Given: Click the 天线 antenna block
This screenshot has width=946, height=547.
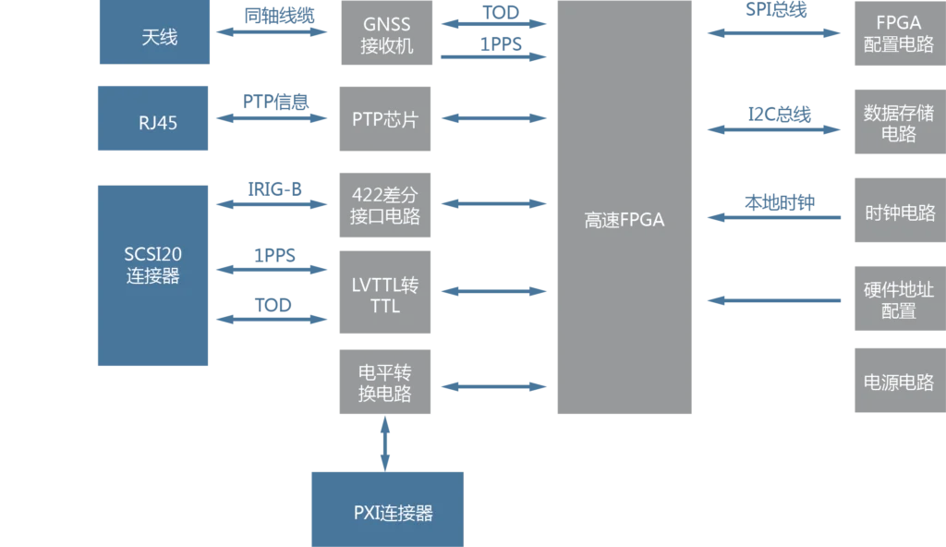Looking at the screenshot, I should point(155,35).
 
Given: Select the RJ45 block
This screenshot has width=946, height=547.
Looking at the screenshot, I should point(155,120).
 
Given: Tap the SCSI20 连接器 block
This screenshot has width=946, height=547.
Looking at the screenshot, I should point(155,275).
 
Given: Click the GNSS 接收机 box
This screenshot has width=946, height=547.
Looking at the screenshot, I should point(387,34).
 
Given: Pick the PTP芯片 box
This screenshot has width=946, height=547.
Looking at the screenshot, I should point(383,119).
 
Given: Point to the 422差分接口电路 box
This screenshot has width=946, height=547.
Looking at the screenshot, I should point(383,205).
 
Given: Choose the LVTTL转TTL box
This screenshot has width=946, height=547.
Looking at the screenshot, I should point(383,294).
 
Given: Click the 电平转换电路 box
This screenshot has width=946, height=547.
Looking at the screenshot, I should point(383,383).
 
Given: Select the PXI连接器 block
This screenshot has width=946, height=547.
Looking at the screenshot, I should point(387,511).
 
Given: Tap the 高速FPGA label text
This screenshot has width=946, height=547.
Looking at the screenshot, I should point(625,220).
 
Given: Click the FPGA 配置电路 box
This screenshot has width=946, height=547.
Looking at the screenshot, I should point(898,34).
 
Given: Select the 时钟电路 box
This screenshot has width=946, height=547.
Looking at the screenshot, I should point(898,213).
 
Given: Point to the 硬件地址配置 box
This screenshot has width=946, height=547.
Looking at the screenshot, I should point(898,299).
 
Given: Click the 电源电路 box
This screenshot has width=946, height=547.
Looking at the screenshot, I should point(898,382).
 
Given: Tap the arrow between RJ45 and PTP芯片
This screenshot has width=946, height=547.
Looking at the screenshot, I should point(273,119).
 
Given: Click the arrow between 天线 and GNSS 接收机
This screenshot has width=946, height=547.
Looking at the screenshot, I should point(273,33).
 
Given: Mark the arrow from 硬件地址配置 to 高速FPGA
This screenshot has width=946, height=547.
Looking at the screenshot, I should point(772,299).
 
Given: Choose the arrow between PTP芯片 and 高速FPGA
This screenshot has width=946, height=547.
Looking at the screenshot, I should point(494,119).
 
